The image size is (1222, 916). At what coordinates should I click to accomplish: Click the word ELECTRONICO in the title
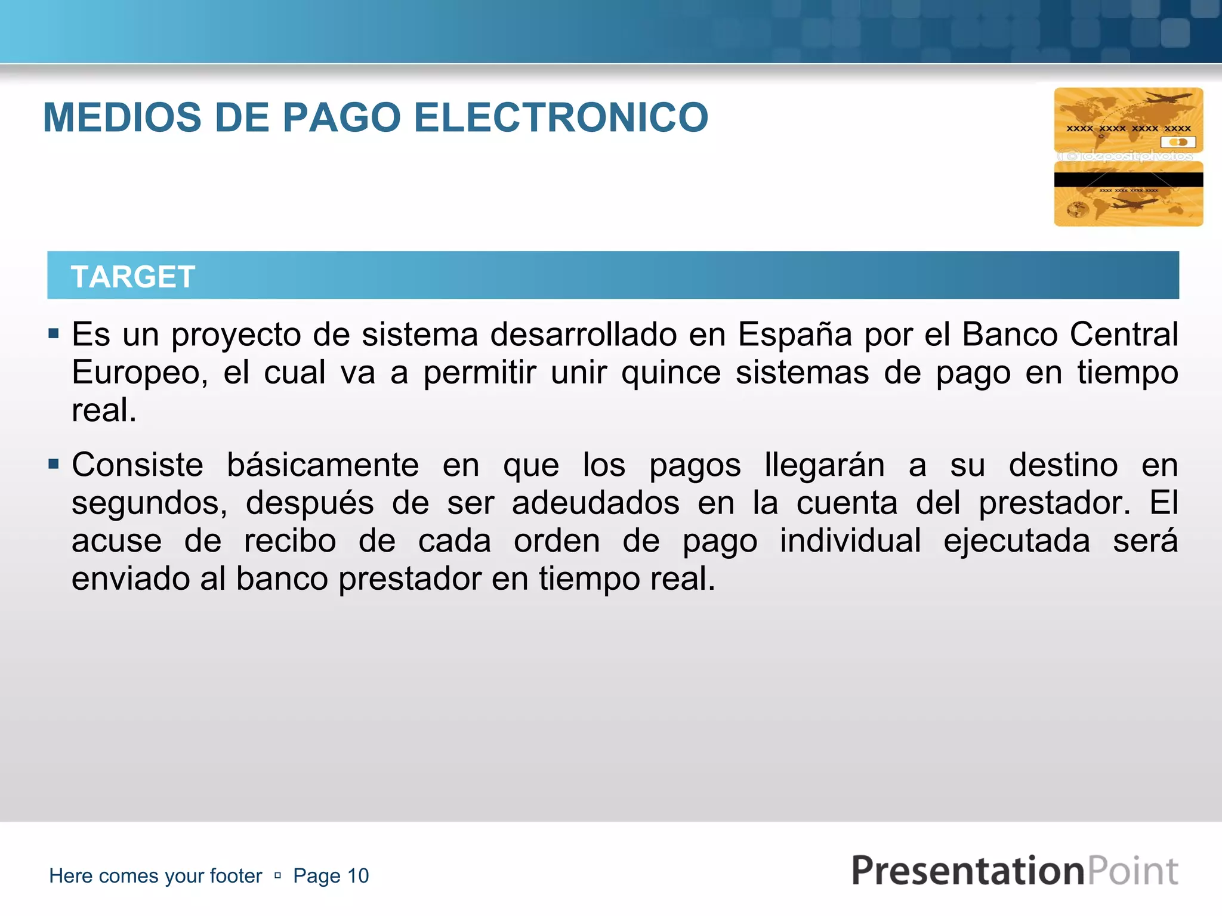560,117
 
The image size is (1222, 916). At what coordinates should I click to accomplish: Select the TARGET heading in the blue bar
132,277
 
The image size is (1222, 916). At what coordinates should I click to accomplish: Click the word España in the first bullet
795,334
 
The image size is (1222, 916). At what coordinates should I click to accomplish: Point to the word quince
671,373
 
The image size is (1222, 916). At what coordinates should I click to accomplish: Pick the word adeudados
595,503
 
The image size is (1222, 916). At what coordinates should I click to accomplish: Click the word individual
850,541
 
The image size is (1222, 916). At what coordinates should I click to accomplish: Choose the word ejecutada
1016,541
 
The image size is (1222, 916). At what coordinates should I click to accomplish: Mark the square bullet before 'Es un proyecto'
54,333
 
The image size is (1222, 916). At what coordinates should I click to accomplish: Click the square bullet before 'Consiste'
54,463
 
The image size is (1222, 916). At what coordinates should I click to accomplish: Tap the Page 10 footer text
331,875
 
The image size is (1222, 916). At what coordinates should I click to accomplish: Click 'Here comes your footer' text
155,875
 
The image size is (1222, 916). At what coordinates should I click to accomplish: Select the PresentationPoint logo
1014,871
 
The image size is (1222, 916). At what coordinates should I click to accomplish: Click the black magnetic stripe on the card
1128,180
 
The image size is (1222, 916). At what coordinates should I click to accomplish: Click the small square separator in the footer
277,875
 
